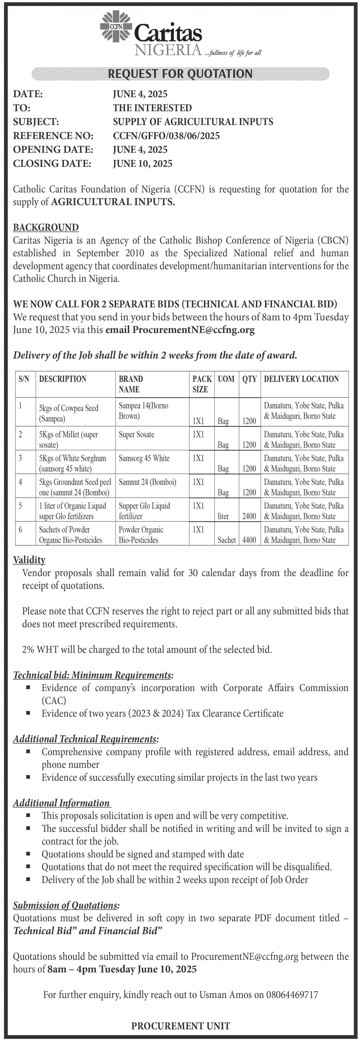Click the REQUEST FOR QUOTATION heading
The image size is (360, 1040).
click(x=180, y=73)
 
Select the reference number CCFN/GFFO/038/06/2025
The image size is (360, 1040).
click(x=166, y=136)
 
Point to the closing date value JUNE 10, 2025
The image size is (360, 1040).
click(x=143, y=163)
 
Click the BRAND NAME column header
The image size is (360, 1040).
click(x=131, y=384)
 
